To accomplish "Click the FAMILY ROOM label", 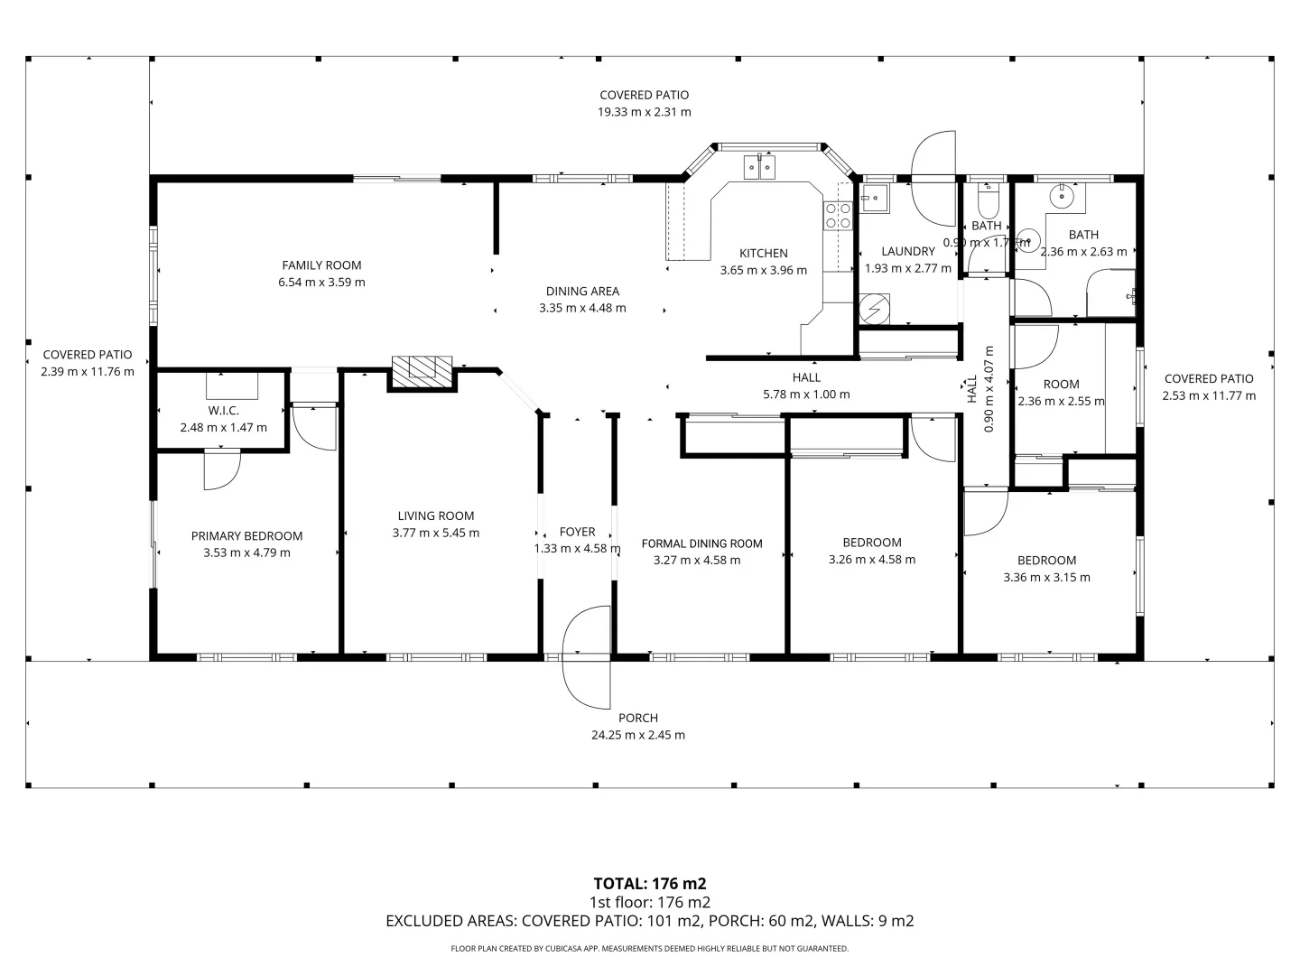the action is (321, 265).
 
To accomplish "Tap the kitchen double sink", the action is (759, 167).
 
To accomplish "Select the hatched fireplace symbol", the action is (422, 371).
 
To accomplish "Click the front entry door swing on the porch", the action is (586, 657).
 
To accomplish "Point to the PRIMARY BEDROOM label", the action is (247, 535).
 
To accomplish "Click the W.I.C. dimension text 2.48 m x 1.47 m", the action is (223, 427).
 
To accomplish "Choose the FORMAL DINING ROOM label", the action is (701, 543).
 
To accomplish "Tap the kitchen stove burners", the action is (838, 216).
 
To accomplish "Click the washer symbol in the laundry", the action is (874, 309).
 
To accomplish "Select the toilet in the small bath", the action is (988, 201).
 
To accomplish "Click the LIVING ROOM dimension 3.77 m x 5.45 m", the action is (436, 533).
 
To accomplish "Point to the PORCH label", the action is (638, 718).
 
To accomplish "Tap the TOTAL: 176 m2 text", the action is (650, 884).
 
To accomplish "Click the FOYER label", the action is (578, 532).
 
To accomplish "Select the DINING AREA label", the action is (583, 292).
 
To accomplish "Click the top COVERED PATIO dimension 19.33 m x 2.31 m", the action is (645, 112).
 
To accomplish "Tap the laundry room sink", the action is (874, 198).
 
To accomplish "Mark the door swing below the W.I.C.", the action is (222, 469).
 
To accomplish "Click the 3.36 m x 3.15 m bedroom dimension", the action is (1046, 577).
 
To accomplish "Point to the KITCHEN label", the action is (764, 254).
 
